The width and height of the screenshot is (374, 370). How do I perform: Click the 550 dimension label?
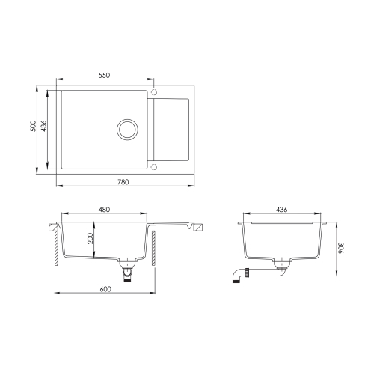[x=104, y=75]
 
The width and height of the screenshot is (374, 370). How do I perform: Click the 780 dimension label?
[x=123, y=182]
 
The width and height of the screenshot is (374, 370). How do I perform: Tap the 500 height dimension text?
[x=33, y=126]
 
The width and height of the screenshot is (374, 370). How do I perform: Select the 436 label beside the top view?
[x=43, y=126]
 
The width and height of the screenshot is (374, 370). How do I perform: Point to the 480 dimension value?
[x=104, y=210]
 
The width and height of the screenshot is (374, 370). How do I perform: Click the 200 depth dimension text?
[x=90, y=238]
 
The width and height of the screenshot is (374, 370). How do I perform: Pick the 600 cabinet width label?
[x=105, y=289]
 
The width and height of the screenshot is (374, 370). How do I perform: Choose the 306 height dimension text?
[x=340, y=248]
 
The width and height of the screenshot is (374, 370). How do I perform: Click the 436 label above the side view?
[x=282, y=210]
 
